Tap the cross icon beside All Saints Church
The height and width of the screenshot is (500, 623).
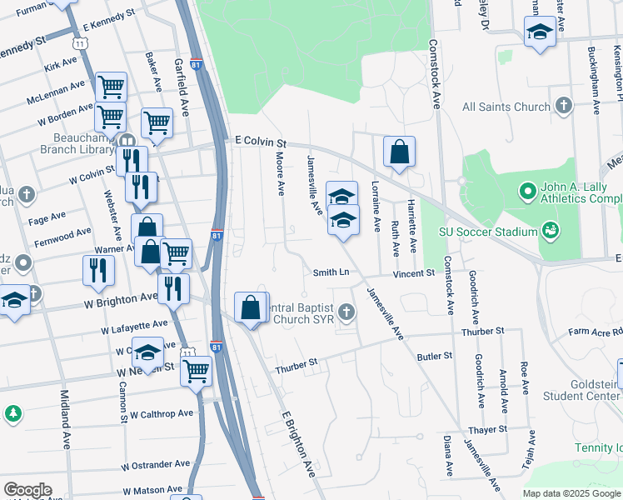click(564, 106)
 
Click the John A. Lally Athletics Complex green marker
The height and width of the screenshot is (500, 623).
click(526, 192)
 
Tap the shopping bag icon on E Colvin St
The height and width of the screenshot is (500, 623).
click(399, 152)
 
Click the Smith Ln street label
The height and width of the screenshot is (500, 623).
click(330, 272)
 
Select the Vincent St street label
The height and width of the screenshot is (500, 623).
click(414, 272)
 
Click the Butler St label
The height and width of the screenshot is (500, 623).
click(434, 356)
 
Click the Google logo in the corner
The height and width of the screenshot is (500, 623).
click(27, 490)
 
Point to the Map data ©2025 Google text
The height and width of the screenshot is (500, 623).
click(572, 493)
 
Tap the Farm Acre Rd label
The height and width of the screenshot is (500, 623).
click(595, 332)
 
